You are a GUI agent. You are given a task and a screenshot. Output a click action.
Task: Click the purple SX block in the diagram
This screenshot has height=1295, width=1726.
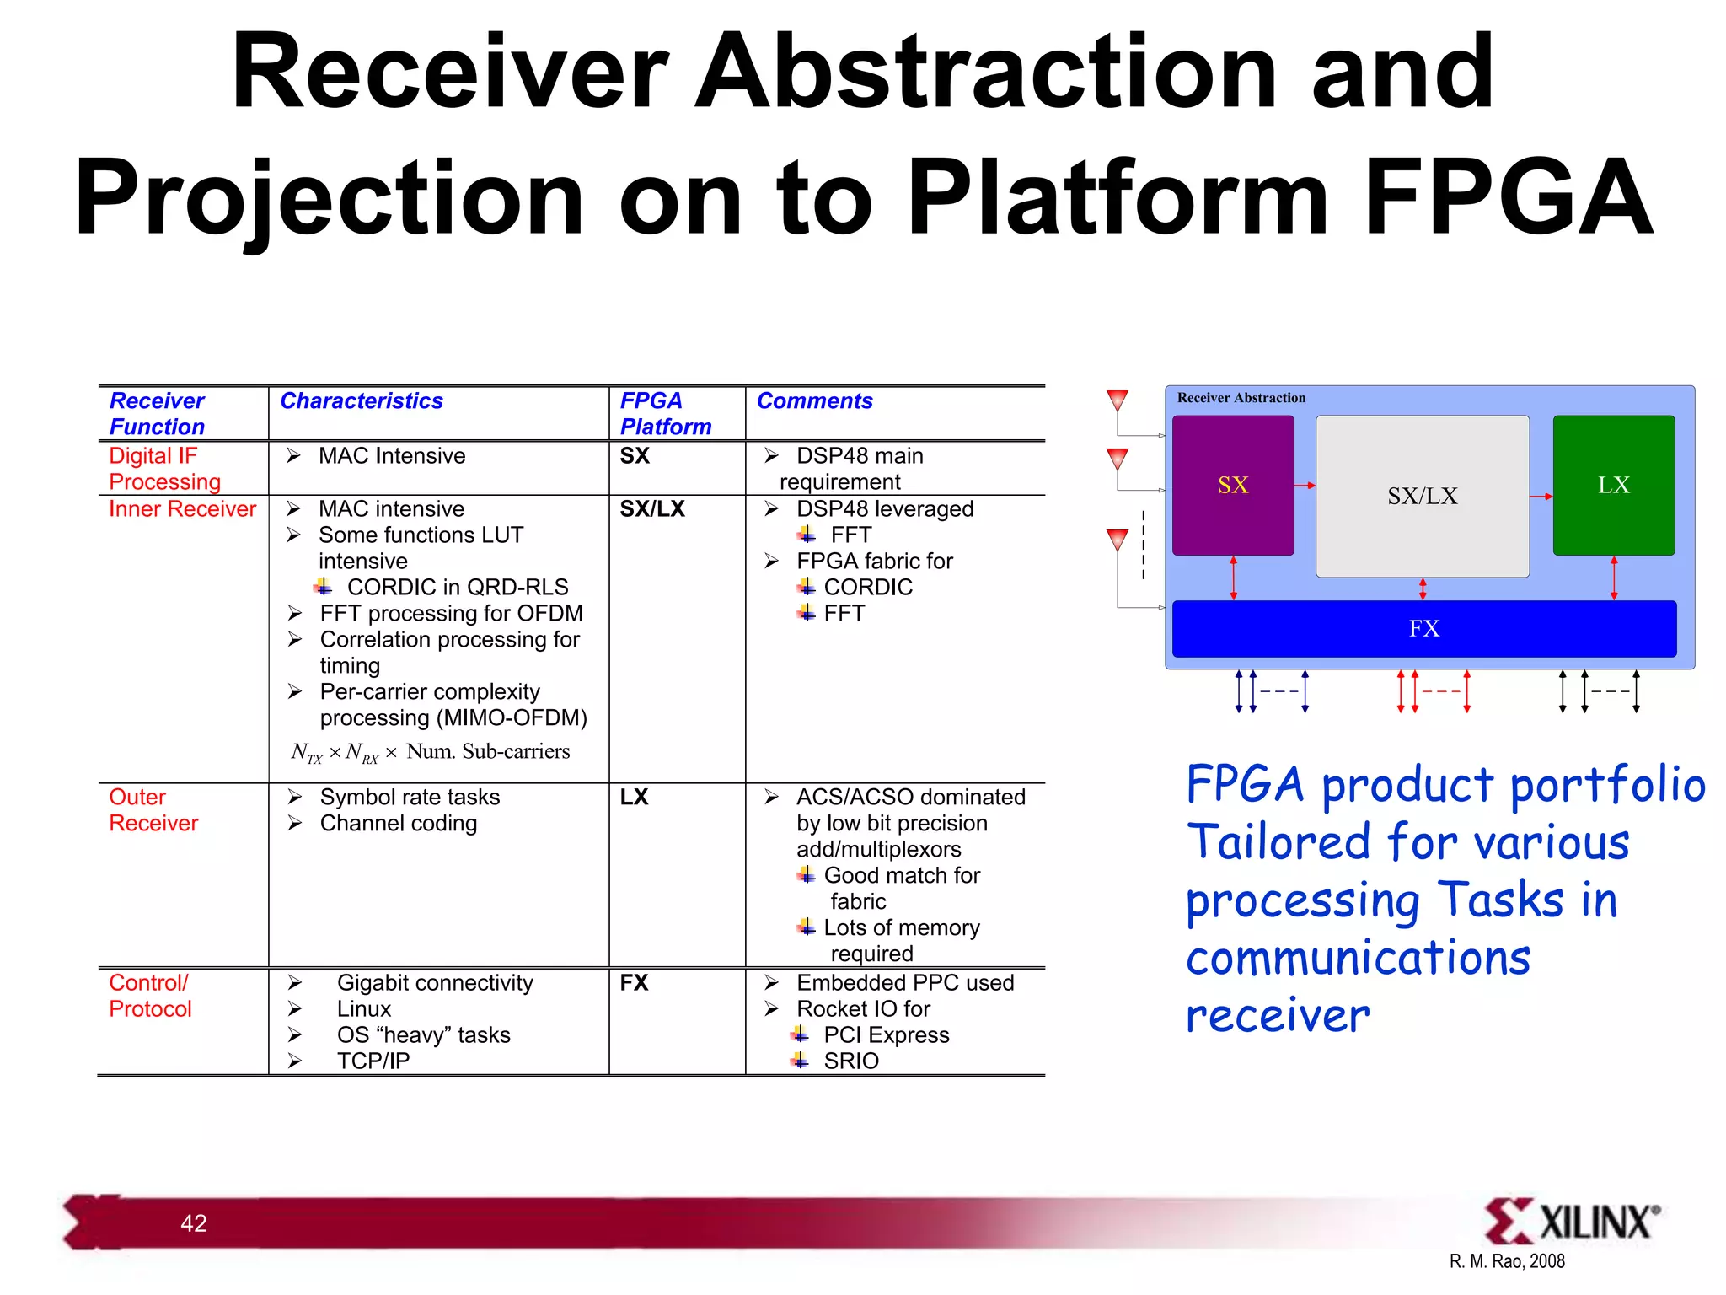click(1232, 485)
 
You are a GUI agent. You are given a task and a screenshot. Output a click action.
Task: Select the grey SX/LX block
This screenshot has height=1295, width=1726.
click(1422, 496)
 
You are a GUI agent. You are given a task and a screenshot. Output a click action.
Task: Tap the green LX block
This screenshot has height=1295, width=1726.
click(1613, 485)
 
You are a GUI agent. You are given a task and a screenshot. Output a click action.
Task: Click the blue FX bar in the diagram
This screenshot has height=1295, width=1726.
click(1423, 628)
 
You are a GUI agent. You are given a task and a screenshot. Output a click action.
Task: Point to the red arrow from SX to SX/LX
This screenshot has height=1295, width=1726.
click(1305, 485)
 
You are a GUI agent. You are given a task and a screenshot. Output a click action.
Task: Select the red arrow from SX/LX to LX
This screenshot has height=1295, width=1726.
click(1541, 496)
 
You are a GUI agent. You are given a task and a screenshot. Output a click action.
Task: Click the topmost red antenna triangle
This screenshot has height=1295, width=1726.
click(1117, 399)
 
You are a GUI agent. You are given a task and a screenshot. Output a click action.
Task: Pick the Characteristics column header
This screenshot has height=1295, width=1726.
click(361, 400)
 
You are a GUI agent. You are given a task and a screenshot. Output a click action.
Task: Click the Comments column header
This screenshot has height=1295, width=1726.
click(814, 400)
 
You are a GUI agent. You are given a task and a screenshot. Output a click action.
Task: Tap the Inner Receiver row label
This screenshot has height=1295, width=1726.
click(182, 508)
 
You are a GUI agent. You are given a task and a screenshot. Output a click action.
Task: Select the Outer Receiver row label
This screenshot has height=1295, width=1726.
click(153, 809)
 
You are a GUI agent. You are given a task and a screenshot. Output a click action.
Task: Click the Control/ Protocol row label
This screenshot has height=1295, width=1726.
click(150, 995)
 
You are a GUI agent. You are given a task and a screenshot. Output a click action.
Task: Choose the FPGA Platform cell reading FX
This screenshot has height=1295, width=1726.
click(634, 982)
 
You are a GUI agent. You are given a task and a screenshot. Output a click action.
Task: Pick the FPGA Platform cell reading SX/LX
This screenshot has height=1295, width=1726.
click(652, 508)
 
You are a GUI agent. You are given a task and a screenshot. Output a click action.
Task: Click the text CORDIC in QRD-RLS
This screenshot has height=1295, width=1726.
click(457, 587)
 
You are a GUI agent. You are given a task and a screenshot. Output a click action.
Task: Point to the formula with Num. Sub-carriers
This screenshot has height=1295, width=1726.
click(430, 751)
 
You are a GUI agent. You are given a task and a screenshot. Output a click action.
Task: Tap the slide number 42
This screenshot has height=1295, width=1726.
click(193, 1222)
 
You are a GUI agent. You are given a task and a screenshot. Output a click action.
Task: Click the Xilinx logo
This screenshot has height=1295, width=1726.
click(1571, 1221)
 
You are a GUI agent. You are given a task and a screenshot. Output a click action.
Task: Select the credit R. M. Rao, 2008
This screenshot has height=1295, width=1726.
click(1506, 1261)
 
